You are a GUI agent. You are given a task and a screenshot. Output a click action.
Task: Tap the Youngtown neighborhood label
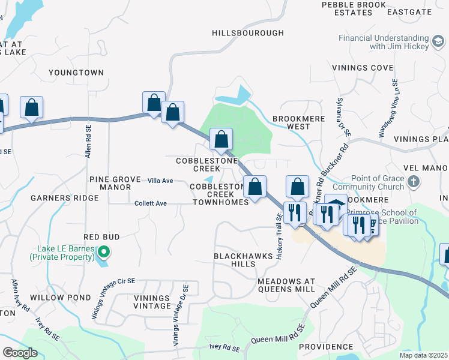pos(76,73)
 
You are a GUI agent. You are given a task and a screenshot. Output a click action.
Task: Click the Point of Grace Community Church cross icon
pos(413,181)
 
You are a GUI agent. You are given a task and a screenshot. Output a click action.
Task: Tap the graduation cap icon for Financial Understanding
pos(438,41)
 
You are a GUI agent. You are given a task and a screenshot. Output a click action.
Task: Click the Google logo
pos(20,353)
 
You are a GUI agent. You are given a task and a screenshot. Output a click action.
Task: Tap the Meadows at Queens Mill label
pos(286,285)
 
